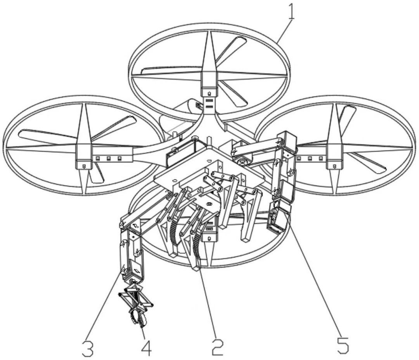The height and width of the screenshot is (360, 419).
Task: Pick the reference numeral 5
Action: [343, 345]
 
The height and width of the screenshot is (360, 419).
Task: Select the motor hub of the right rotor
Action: [334, 156]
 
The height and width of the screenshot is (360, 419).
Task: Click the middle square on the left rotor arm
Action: [109, 159]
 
